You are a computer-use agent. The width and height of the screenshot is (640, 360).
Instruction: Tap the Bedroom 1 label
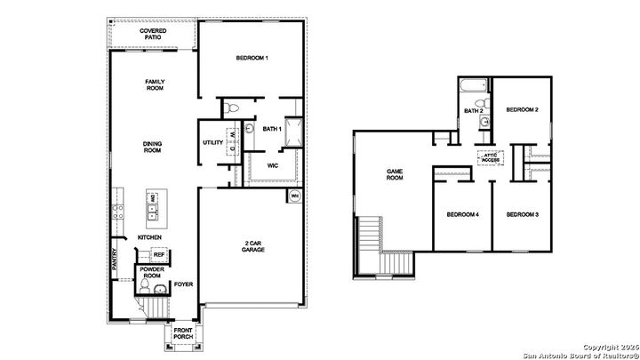(252, 59)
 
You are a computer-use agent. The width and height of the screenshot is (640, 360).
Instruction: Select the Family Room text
(156, 85)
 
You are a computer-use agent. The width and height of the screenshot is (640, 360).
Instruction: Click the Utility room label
(212, 142)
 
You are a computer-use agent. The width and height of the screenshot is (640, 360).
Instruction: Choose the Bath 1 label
(272, 129)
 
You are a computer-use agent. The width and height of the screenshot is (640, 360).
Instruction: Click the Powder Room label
(152, 272)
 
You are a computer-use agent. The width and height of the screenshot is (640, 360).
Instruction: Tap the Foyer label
(183, 284)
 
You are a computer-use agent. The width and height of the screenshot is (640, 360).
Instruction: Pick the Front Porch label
(183, 334)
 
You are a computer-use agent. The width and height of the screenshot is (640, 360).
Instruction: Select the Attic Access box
(490, 156)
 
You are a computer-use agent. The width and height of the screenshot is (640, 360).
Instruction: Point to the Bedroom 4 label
(463, 214)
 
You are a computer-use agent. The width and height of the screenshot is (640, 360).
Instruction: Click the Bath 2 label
(473, 111)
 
